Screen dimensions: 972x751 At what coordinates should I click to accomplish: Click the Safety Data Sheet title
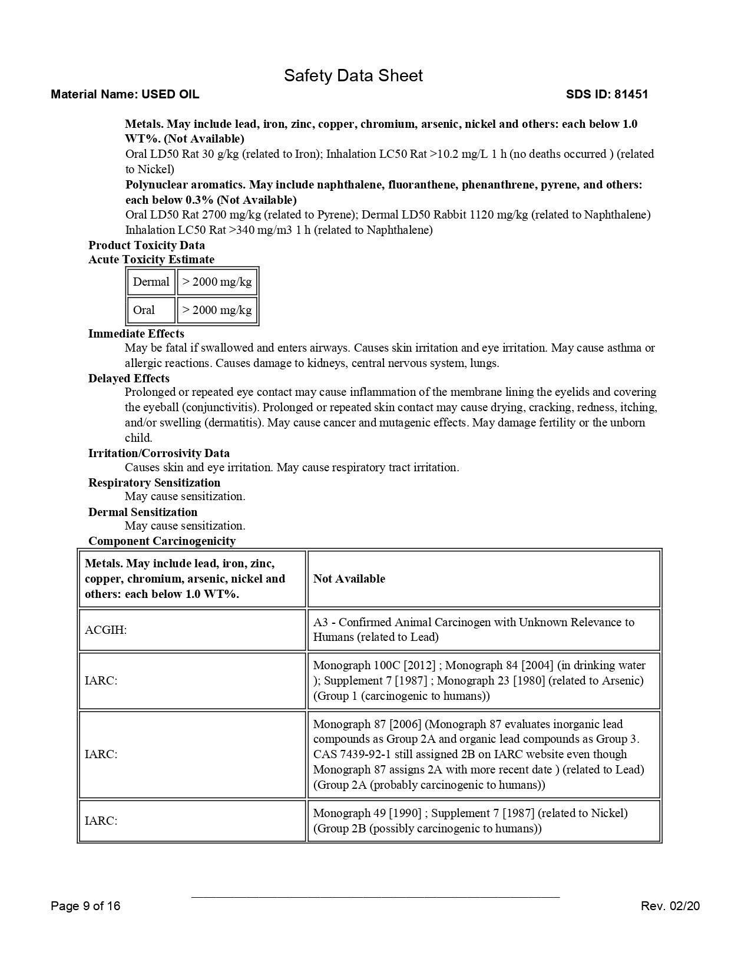[353, 75]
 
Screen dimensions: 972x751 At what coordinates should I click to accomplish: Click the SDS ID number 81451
[631, 94]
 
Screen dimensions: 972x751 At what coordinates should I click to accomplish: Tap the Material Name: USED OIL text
[125, 94]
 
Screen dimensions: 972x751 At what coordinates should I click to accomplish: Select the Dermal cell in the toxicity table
[151, 282]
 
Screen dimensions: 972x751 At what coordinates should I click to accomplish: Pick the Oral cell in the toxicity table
[144, 310]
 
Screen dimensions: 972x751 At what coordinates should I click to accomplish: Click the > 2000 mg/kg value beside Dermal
[217, 282]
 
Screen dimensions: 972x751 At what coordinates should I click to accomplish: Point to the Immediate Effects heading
[136, 333]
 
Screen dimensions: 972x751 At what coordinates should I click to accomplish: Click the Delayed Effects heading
[129, 378]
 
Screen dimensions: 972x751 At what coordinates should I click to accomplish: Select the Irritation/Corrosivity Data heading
[159, 453]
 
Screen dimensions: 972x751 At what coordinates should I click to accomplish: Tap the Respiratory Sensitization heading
[154, 482]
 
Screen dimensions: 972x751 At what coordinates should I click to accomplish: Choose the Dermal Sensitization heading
[143, 512]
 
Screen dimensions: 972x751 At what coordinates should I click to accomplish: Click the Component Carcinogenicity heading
[162, 541]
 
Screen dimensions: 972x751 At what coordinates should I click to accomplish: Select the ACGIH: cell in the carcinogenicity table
[106, 630]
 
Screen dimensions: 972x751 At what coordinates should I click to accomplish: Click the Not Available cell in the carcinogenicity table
[349, 578]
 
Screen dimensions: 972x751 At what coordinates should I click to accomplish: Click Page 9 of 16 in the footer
[85, 905]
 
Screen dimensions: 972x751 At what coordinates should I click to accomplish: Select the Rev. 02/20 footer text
[670, 905]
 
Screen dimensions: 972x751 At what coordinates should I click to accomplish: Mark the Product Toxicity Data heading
[147, 245]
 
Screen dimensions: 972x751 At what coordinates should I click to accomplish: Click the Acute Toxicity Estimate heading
[151, 259]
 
